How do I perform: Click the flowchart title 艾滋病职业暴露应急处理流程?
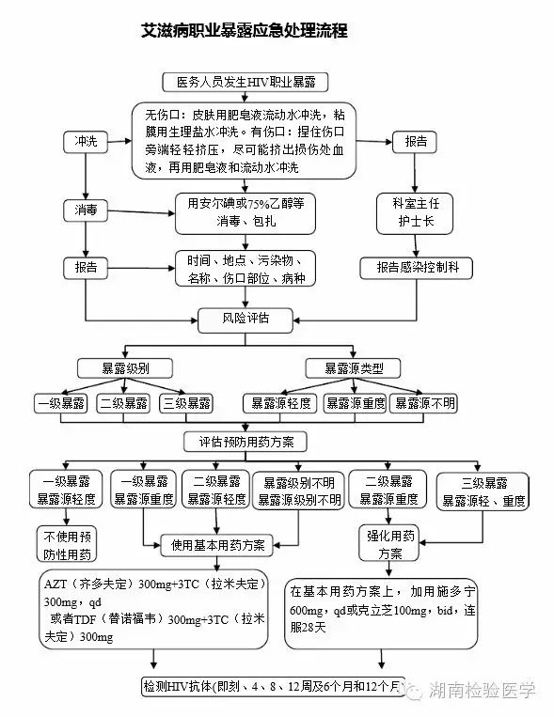point(245,31)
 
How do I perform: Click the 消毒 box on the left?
point(86,210)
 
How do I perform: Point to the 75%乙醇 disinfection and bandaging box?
point(245,212)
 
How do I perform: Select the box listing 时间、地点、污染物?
point(245,269)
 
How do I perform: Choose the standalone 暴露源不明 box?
point(424,403)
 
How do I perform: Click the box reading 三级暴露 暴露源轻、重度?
point(487,492)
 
